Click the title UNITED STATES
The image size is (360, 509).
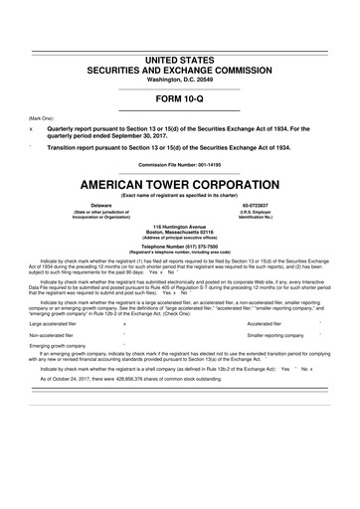coord(180,34)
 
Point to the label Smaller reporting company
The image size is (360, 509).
coord(279,337)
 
